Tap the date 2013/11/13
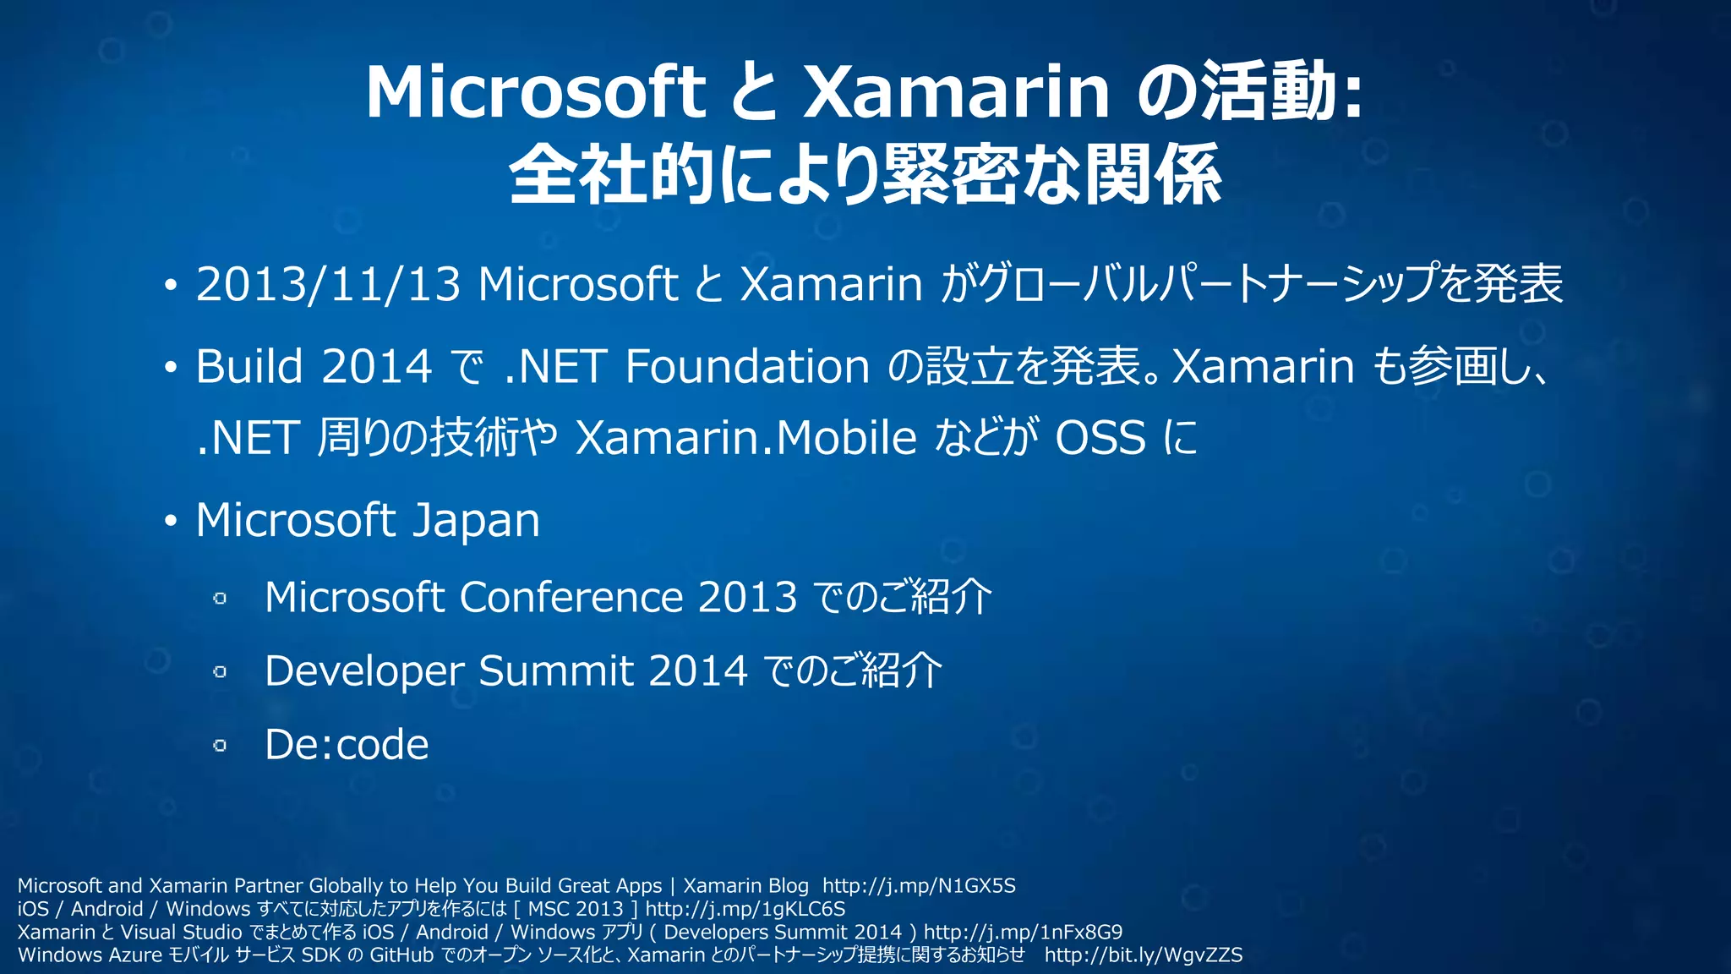328,284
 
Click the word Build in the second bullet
249,367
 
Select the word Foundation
747,367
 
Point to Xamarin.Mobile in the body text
745,438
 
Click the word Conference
571,598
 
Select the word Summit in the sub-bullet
556,671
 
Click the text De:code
347,745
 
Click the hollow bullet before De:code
220,746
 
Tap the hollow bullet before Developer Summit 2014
220,672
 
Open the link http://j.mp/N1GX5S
919,886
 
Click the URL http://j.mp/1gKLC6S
745,909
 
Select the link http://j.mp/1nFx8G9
1023,932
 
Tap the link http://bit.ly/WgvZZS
1143,955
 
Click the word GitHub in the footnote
401,955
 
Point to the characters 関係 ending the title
1153,176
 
